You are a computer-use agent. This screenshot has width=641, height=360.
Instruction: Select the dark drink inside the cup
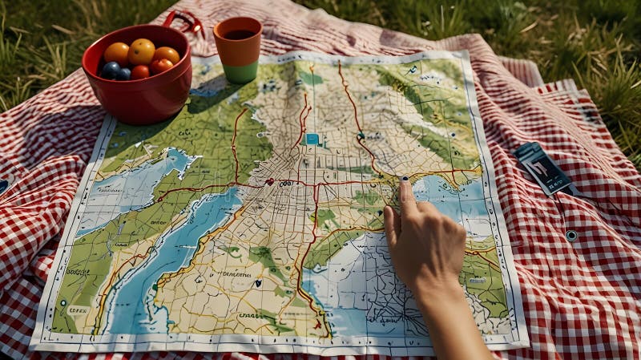238,34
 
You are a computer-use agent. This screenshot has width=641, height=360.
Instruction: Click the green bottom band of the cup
240,74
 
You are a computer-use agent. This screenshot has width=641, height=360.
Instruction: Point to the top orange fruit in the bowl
142,51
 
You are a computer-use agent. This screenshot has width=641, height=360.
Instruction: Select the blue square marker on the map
312,139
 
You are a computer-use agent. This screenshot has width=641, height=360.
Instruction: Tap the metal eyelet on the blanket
570,235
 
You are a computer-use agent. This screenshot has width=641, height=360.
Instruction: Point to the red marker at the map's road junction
270,181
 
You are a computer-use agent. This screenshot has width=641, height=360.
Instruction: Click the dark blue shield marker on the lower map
257,282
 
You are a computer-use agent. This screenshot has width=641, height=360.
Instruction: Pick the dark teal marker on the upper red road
361,136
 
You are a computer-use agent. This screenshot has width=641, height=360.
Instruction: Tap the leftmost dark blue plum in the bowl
110,70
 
